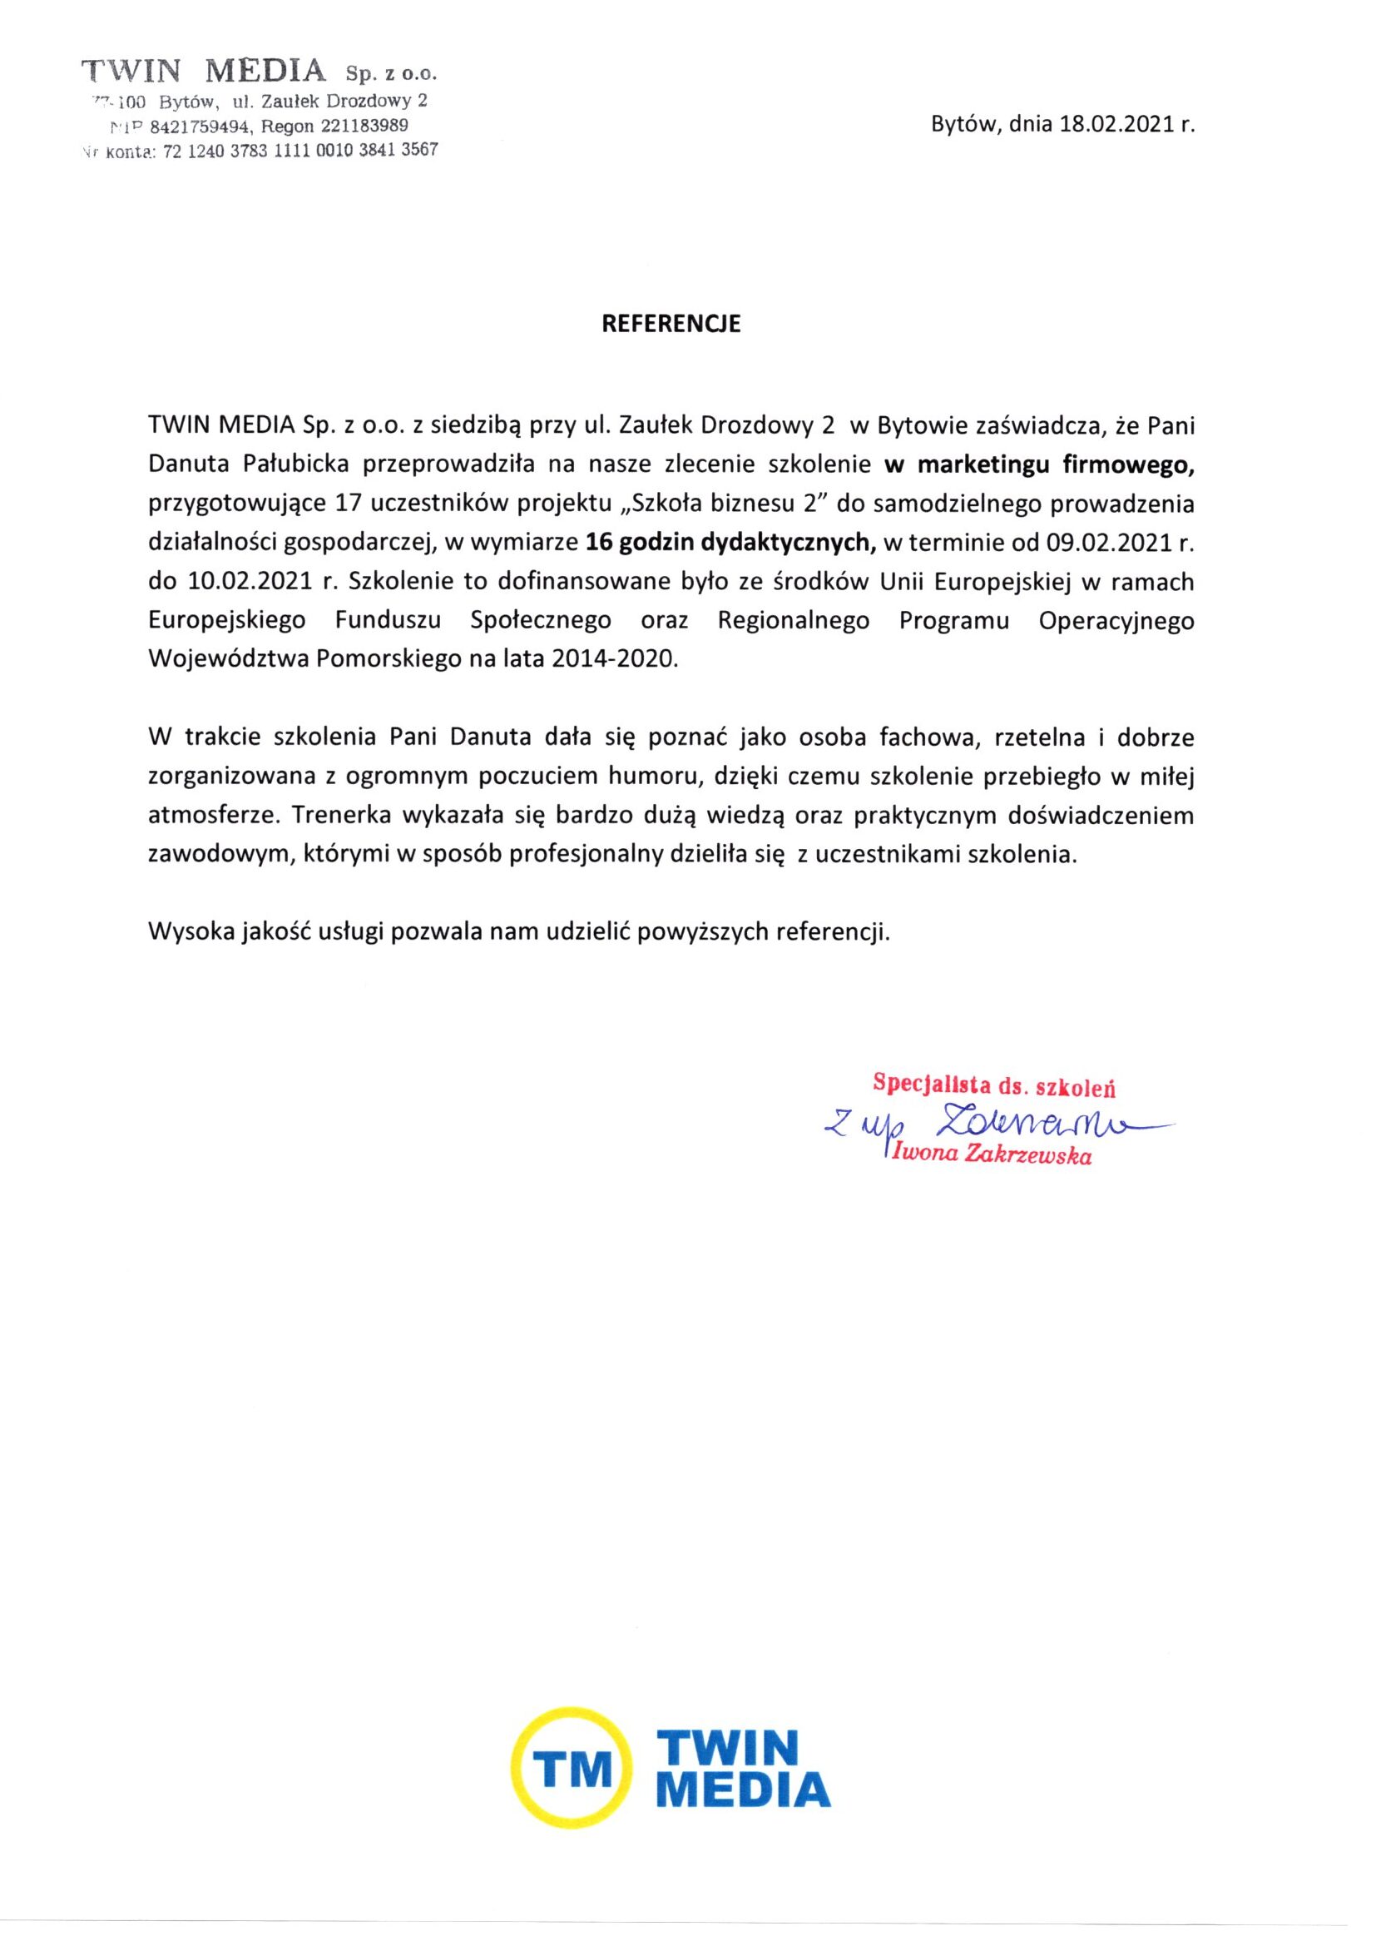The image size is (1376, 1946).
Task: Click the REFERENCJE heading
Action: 671,325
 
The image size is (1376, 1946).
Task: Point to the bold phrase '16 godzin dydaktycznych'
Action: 730,544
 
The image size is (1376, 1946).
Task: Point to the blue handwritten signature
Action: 1000,1124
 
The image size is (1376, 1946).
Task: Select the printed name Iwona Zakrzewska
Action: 989,1156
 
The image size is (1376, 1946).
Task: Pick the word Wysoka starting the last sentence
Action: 186,932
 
